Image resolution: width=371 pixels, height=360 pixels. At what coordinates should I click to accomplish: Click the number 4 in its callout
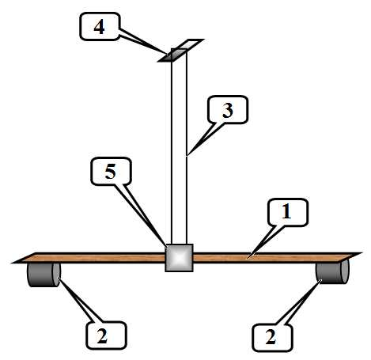[x=99, y=27]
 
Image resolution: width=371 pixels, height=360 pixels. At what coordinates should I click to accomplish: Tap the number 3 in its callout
[x=228, y=110]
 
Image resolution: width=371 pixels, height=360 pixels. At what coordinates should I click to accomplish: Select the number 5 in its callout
[x=111, y=172]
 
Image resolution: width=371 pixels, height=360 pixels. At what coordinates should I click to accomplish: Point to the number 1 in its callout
[x=286, y=212]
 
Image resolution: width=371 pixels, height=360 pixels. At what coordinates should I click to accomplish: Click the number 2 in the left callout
[x=102, y=336]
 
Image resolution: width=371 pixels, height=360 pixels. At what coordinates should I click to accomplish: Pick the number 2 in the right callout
[x=271, y=337]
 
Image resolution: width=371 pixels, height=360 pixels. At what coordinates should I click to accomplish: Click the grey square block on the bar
[x=180, y=258]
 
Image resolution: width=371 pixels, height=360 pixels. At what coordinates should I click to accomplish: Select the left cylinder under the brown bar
[x=44, y=275]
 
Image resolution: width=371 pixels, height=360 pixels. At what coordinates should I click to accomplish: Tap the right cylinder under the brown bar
[x=332, y=272]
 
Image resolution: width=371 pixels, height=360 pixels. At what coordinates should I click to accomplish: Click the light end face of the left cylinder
[x=56, y=275]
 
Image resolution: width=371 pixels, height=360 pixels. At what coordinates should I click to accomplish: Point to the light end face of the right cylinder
[x=345, y=272]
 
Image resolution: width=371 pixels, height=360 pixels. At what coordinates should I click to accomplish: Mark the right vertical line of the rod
[x=187, y=146]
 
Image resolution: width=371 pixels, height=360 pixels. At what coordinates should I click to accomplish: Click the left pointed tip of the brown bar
[x=12, y=263]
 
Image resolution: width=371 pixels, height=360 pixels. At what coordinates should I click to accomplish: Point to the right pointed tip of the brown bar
[x=362, y=253]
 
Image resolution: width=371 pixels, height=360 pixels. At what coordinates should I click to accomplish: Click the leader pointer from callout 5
[x=142, y=215]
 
